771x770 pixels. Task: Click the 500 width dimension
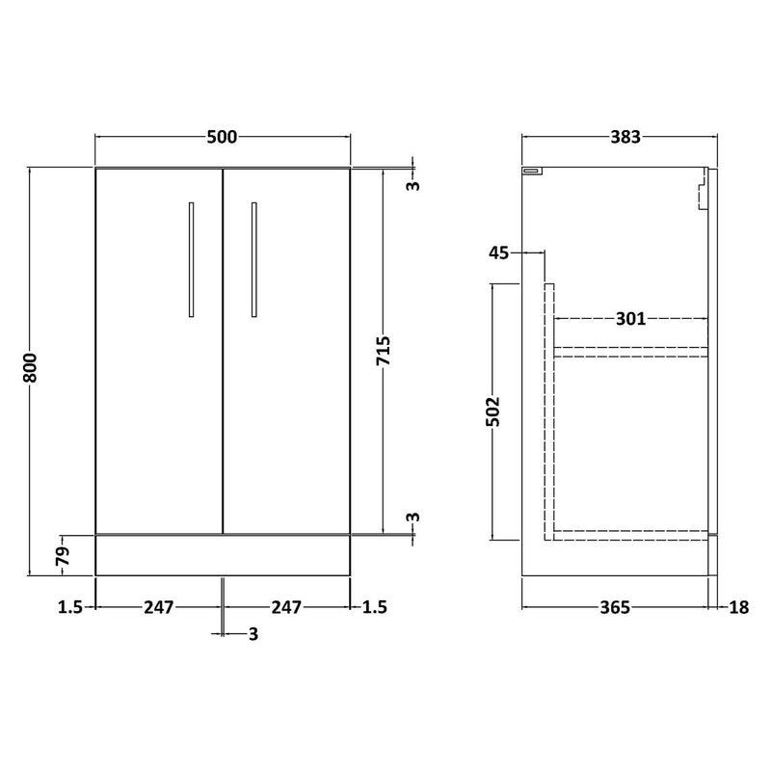(223, 138)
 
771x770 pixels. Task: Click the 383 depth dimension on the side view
(625, 138)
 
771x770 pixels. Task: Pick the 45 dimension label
(499, 253)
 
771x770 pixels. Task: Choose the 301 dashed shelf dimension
(631, 318)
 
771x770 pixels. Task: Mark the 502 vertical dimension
(492, 412)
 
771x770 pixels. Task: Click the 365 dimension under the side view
(614, 607)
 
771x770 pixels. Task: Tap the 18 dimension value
(738, 607)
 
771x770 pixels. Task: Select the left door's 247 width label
(159, 607)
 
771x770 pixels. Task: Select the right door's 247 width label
(287, 607)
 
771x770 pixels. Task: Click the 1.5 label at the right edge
(374, 607)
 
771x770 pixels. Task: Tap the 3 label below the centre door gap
(253, 633)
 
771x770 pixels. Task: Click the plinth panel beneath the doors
(223, 555)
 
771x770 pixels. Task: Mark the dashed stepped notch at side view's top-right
(703, 189)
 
